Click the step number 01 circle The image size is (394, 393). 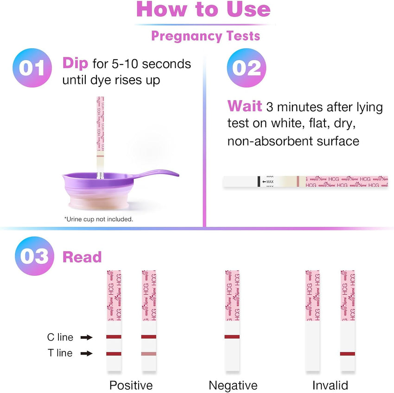[x=32, y=68]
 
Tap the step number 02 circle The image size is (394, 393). [x=246, y=68]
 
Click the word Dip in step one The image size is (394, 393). [x=75, y=63]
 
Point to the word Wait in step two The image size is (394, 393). [x=244, y=107]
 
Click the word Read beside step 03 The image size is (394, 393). [x=82, y=257]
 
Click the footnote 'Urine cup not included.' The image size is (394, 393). [x=98, y=219]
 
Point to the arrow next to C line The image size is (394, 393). [x=86, y=337]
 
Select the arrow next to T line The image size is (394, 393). [x=86, y=354]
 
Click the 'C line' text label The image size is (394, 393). [x=60, y=337]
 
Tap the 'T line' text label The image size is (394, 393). [x=60, y=353]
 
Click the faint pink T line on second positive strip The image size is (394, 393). [x=149, y=354]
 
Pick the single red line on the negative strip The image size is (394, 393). [x=232, y=337]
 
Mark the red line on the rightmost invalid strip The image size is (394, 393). [x=348, y=354]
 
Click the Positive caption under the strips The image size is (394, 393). [x=131, y=385]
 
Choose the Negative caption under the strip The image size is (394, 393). [x=233, y=385]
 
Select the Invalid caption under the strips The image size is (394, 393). [x=330, y=385]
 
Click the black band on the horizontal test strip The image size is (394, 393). [x=258, y=181]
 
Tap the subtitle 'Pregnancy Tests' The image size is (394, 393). [x=205, y=36]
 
